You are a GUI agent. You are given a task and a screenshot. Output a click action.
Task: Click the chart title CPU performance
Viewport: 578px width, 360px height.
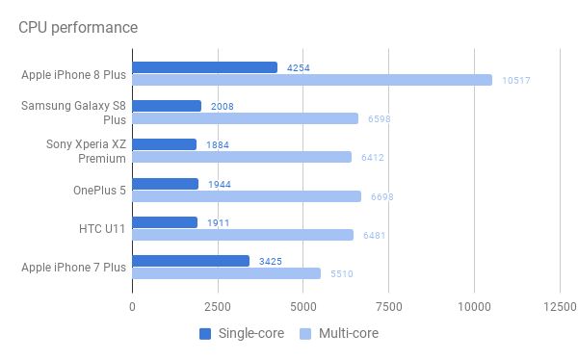(78, 27)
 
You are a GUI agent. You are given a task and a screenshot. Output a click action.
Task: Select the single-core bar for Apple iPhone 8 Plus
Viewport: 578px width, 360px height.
(204, 67)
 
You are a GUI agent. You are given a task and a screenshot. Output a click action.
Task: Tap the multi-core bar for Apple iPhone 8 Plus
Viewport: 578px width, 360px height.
(312, 80)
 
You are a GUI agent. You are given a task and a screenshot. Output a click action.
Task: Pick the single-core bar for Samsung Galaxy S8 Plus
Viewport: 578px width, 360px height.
(167, 106)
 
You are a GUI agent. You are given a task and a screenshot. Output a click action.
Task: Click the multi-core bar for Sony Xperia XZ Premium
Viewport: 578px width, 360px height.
(242, 157)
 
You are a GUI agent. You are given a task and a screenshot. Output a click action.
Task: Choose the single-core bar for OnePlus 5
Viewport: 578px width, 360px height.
(166, 183)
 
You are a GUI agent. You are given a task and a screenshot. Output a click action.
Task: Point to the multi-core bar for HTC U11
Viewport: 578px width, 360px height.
(243, 235)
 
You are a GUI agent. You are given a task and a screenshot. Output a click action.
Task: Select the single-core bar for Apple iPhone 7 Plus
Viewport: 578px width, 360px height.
(191, 261)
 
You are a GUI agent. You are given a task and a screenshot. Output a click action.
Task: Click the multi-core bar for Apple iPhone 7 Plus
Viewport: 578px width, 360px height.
(226, 273)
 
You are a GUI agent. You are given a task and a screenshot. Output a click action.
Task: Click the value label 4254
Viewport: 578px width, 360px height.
(299, 67)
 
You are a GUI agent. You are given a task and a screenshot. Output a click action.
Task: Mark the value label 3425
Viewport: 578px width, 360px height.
(270, 261)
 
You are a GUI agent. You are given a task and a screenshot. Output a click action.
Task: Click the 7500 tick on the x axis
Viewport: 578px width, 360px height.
(388, 306)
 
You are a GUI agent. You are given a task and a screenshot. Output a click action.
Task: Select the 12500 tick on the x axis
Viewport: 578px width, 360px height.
(559, 306)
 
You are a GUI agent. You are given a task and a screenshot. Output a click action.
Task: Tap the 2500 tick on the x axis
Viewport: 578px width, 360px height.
(218, 306)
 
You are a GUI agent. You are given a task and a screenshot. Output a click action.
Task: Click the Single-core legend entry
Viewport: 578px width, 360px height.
(242, 334)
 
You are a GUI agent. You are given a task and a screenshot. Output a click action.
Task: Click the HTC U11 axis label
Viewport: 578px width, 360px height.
(101, 228)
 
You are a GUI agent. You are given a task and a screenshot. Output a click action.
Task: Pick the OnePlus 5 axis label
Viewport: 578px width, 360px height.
(99, 190)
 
